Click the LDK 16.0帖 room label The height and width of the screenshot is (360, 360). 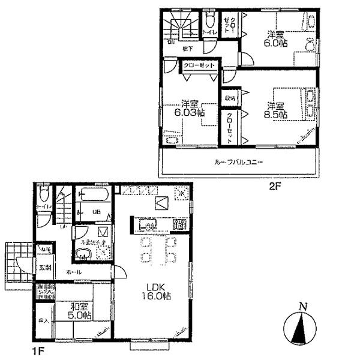[x=158, y=291]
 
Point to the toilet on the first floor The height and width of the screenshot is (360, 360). [x=43, y=195]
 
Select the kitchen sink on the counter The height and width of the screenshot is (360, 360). [x=146, y=226]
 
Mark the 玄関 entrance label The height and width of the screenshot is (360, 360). [x=46, y=268]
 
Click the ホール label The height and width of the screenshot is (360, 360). [x=74, y=273]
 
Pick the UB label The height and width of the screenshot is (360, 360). [x=95, y=211]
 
